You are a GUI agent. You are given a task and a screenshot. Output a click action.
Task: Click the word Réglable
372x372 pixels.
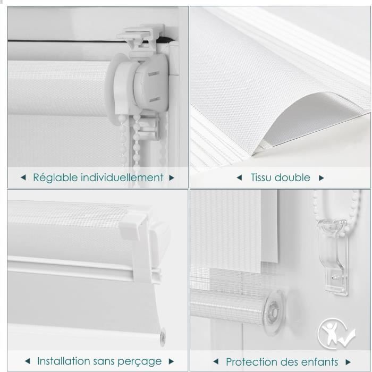(x=55, y=177)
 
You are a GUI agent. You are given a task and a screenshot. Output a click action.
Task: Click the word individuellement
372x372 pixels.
(x=122, y=177)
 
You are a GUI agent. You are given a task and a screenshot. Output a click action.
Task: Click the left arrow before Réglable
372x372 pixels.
(x=23, y=177)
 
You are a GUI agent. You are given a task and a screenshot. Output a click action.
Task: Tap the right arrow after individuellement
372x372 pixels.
(x=172, y=177)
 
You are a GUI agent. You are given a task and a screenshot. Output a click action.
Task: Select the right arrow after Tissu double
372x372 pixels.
(x=321, y=178)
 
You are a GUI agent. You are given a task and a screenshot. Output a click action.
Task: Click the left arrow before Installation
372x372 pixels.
(x=28, y=361)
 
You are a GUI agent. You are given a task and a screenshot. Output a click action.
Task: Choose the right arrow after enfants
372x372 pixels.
(x=348, y=362)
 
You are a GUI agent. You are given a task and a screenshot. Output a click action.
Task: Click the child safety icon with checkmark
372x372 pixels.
(x=336, y=333)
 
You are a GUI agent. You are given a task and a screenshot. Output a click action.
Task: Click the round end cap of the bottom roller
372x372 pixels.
(x=274, y=312)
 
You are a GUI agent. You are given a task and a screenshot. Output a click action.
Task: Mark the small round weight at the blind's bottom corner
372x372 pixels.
(x=163, y=336)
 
